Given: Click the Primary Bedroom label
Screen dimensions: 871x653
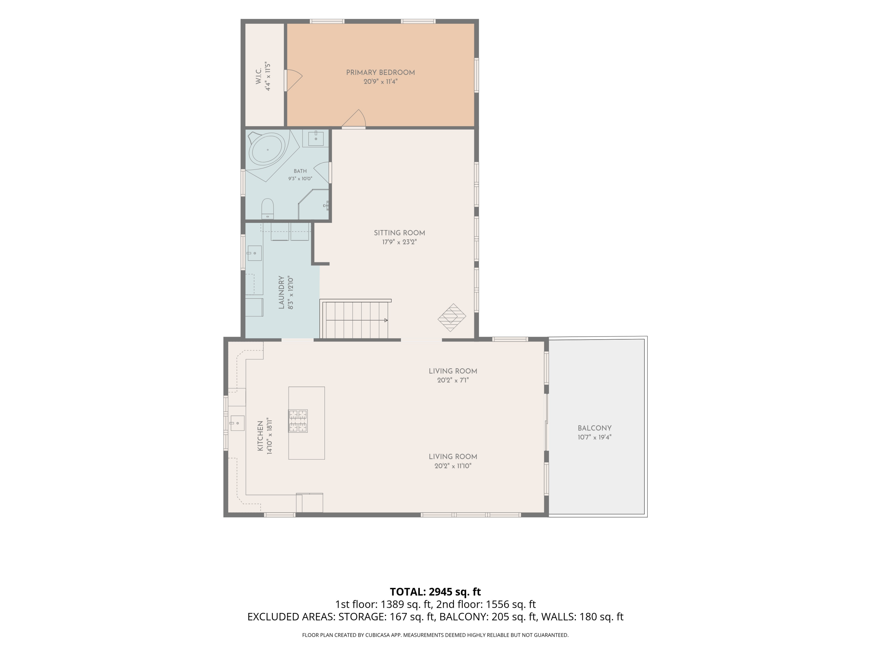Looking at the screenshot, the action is [x=380, y=73].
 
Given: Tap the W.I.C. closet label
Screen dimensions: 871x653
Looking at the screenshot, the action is [x=258, y=76].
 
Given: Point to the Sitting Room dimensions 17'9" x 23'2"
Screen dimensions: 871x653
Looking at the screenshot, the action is [x=399, y=242].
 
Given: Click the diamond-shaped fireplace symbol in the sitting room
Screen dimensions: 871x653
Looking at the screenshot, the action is [x=452, y=317].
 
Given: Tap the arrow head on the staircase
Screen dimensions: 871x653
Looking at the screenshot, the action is [x=386, y=320].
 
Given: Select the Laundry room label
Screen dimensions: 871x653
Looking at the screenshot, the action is [x=281, y=293].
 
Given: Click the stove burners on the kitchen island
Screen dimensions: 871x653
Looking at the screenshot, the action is [x=298, y=421].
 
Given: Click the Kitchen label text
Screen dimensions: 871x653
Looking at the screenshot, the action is [x=260, y=436].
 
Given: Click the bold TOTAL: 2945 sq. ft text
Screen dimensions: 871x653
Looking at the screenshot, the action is [x=435, y=591].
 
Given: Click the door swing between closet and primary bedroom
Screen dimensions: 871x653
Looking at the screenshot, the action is [x=293, y=80].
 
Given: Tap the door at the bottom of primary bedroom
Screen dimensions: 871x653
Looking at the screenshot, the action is [x=354, y=119].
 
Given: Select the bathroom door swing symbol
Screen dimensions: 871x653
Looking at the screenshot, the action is [x=322, y=172].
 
